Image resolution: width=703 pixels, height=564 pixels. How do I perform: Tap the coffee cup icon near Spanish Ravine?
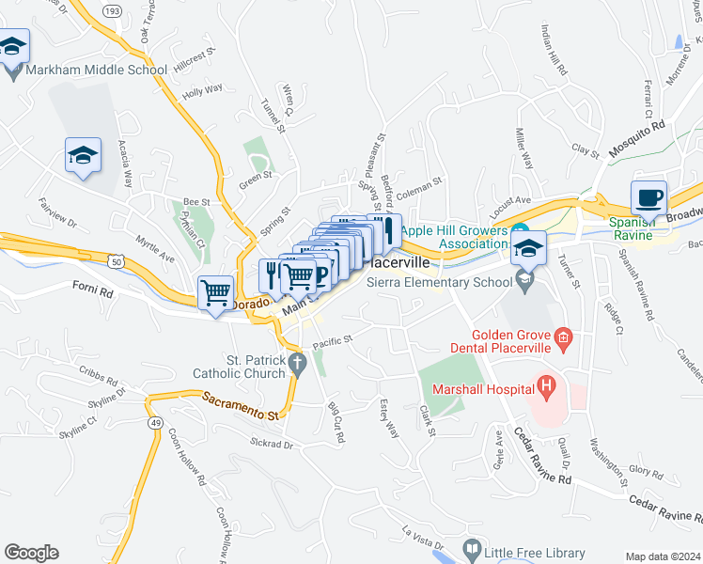(648, 198)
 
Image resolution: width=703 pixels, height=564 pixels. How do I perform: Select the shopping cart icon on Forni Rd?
(215, 292)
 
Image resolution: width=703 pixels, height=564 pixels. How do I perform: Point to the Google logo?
(31, 553)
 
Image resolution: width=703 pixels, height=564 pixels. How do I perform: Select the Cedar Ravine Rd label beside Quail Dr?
(542, 456)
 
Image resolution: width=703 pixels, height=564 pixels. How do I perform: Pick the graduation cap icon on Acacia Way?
(83, 156)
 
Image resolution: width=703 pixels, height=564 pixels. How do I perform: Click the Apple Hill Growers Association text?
(455, 238)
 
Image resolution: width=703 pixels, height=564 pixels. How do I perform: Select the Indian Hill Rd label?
(554, 52)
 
